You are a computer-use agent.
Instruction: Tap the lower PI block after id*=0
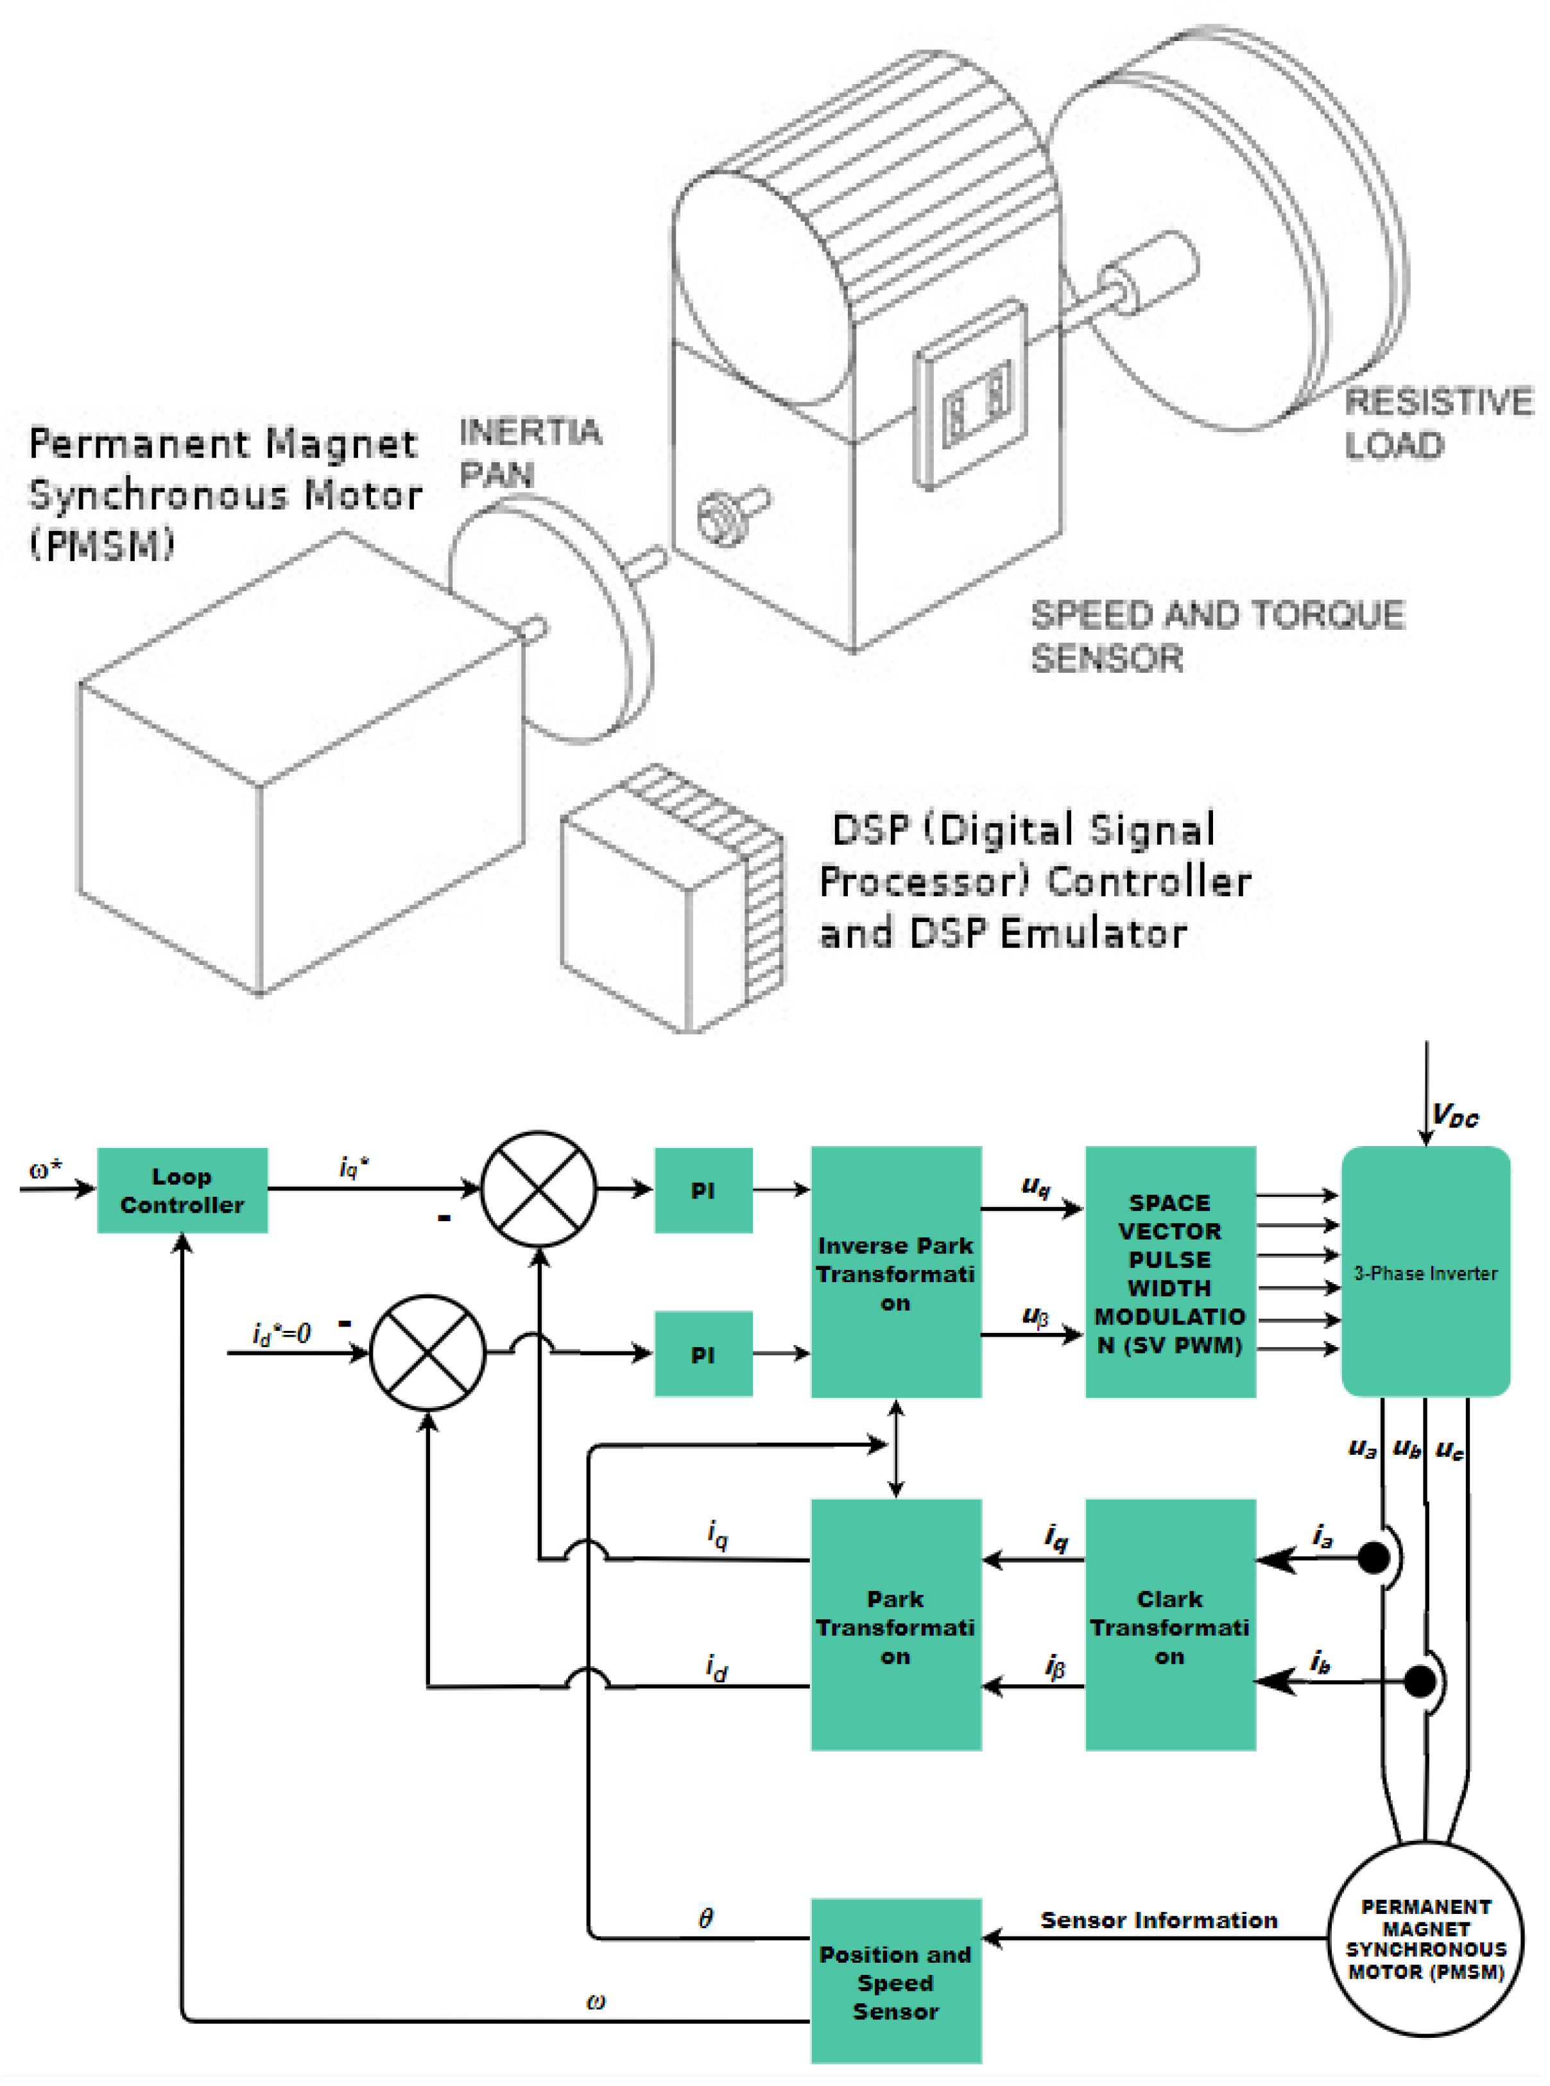(x=703, y=1354)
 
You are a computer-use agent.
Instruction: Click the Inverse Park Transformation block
(x=895, y=1273)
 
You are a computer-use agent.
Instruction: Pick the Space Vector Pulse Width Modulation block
(x=1170, y=1273)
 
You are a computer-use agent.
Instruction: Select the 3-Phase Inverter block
(x=1425, y=1273)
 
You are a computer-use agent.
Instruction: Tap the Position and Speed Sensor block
(x=895, y=1982)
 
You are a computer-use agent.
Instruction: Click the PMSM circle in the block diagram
(x=1425, y=1939)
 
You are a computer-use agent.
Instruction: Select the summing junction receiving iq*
(x=538, y=1189)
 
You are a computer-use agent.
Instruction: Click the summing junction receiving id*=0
(x=428, y=1353)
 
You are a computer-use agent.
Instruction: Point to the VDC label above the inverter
(x=1454, y=1116)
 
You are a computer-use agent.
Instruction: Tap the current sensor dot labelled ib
(x=1420, y=1681)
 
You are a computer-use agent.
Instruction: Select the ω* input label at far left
(x=45, y=1169)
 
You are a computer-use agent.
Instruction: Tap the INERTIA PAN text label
(x=529, y=452)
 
